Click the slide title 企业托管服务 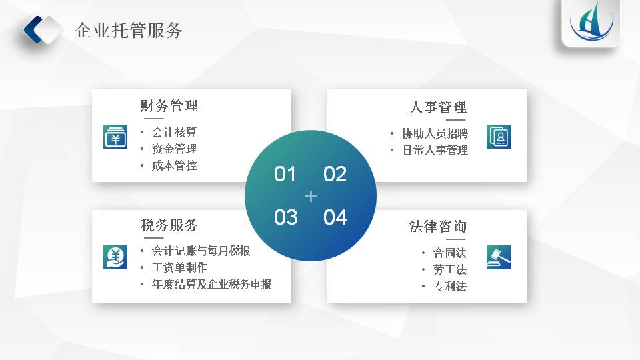[x=128, y=31]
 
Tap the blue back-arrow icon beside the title [x=33, y=30]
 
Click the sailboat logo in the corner [x=591, y=22]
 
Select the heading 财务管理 [x=169, y=106]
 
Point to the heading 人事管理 [x=437, y=107]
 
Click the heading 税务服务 [x=169, y=225]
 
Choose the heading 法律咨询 [x=437, y=226]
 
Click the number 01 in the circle [x=285, y=174]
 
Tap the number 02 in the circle [x=335, y=174]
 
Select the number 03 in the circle [x=286, y=217]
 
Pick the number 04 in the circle [x=335, y=217]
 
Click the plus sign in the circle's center [x=311, y=196]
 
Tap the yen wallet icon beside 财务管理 [x=115, y=136]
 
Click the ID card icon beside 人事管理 [x=499, y=136]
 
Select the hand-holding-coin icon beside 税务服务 [x=115, y=257]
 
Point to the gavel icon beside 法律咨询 [x=499, y=257]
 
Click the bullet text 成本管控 [x=174, y=165]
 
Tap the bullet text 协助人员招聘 [x=435, y=133]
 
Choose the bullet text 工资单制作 [x=179, y=267]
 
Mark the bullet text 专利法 [x=450, y=286]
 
